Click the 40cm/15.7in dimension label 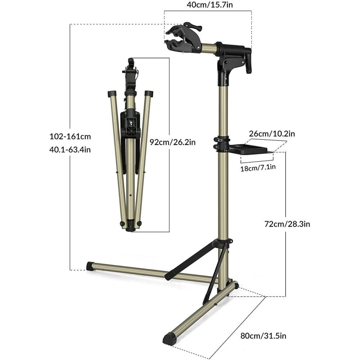tap(210, 5)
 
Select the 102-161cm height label tap(70, 136)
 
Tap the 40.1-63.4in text tap(70, 150)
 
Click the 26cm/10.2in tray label tap(272, 134)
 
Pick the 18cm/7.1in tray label tap(258, 167)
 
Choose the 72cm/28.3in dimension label tap(287, 224)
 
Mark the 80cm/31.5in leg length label tap(264, 336)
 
